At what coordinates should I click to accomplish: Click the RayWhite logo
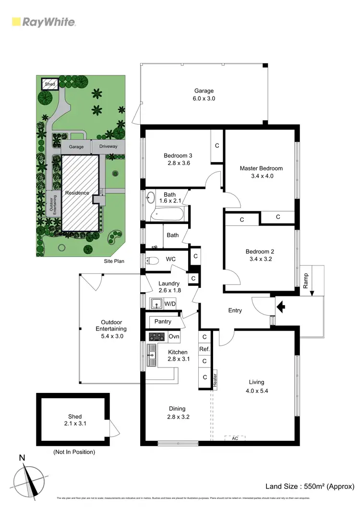click(43, 22)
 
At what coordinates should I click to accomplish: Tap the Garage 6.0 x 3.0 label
click(204, 95)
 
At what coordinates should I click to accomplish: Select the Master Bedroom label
click(261, 168)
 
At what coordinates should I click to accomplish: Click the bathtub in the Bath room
click(168, 214)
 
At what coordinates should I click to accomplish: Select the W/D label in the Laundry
click(170, 303)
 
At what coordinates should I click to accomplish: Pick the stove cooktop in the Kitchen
click(157, 336)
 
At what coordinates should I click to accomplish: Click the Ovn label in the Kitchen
click(174, 337)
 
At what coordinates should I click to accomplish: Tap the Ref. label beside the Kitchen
click(204, 349)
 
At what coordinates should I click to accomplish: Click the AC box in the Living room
click(235, 438)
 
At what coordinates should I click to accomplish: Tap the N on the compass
click(22, 458)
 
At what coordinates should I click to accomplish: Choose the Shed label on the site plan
click(50, 84)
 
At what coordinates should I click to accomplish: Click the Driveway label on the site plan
click(108, 146)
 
